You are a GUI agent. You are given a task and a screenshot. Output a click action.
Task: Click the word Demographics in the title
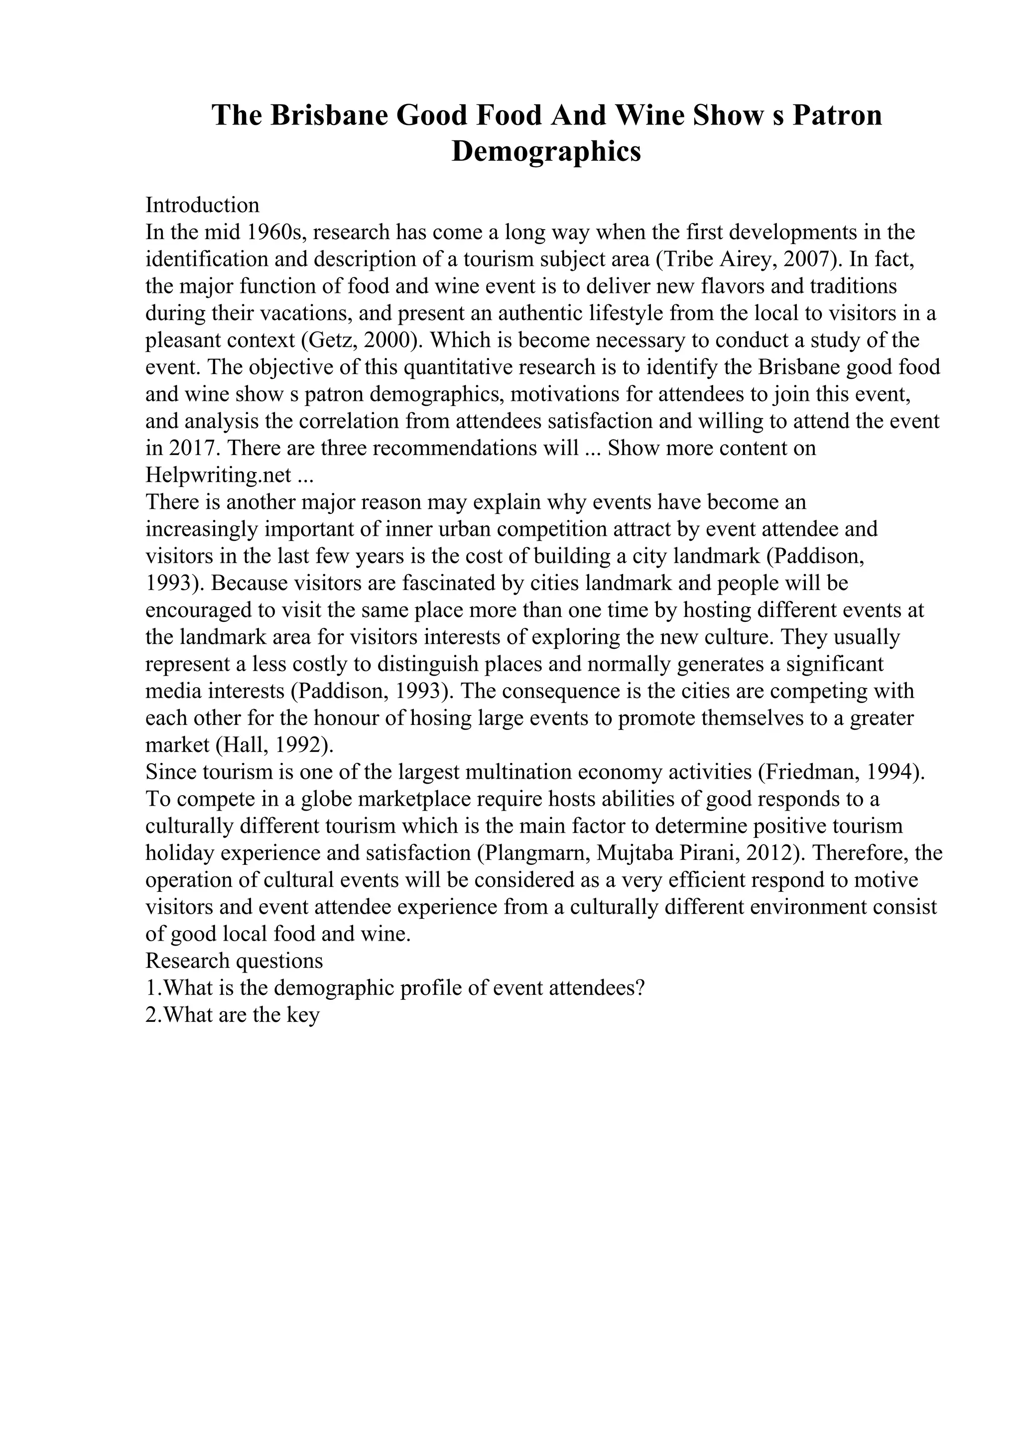[546, 151]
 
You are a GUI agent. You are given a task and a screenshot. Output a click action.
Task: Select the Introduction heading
[202, 205]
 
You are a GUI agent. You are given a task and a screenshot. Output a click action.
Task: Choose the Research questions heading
[234, 961]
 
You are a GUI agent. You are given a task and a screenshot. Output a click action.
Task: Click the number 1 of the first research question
[151, 988]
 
